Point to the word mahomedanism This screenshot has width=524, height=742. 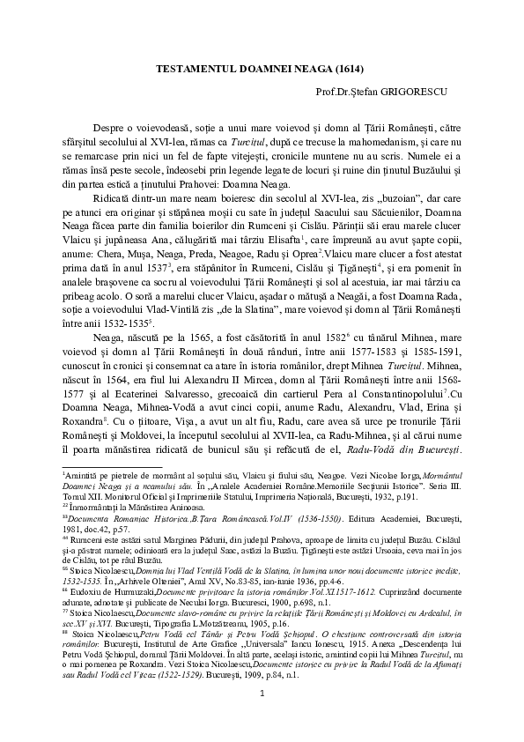[352, 140]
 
